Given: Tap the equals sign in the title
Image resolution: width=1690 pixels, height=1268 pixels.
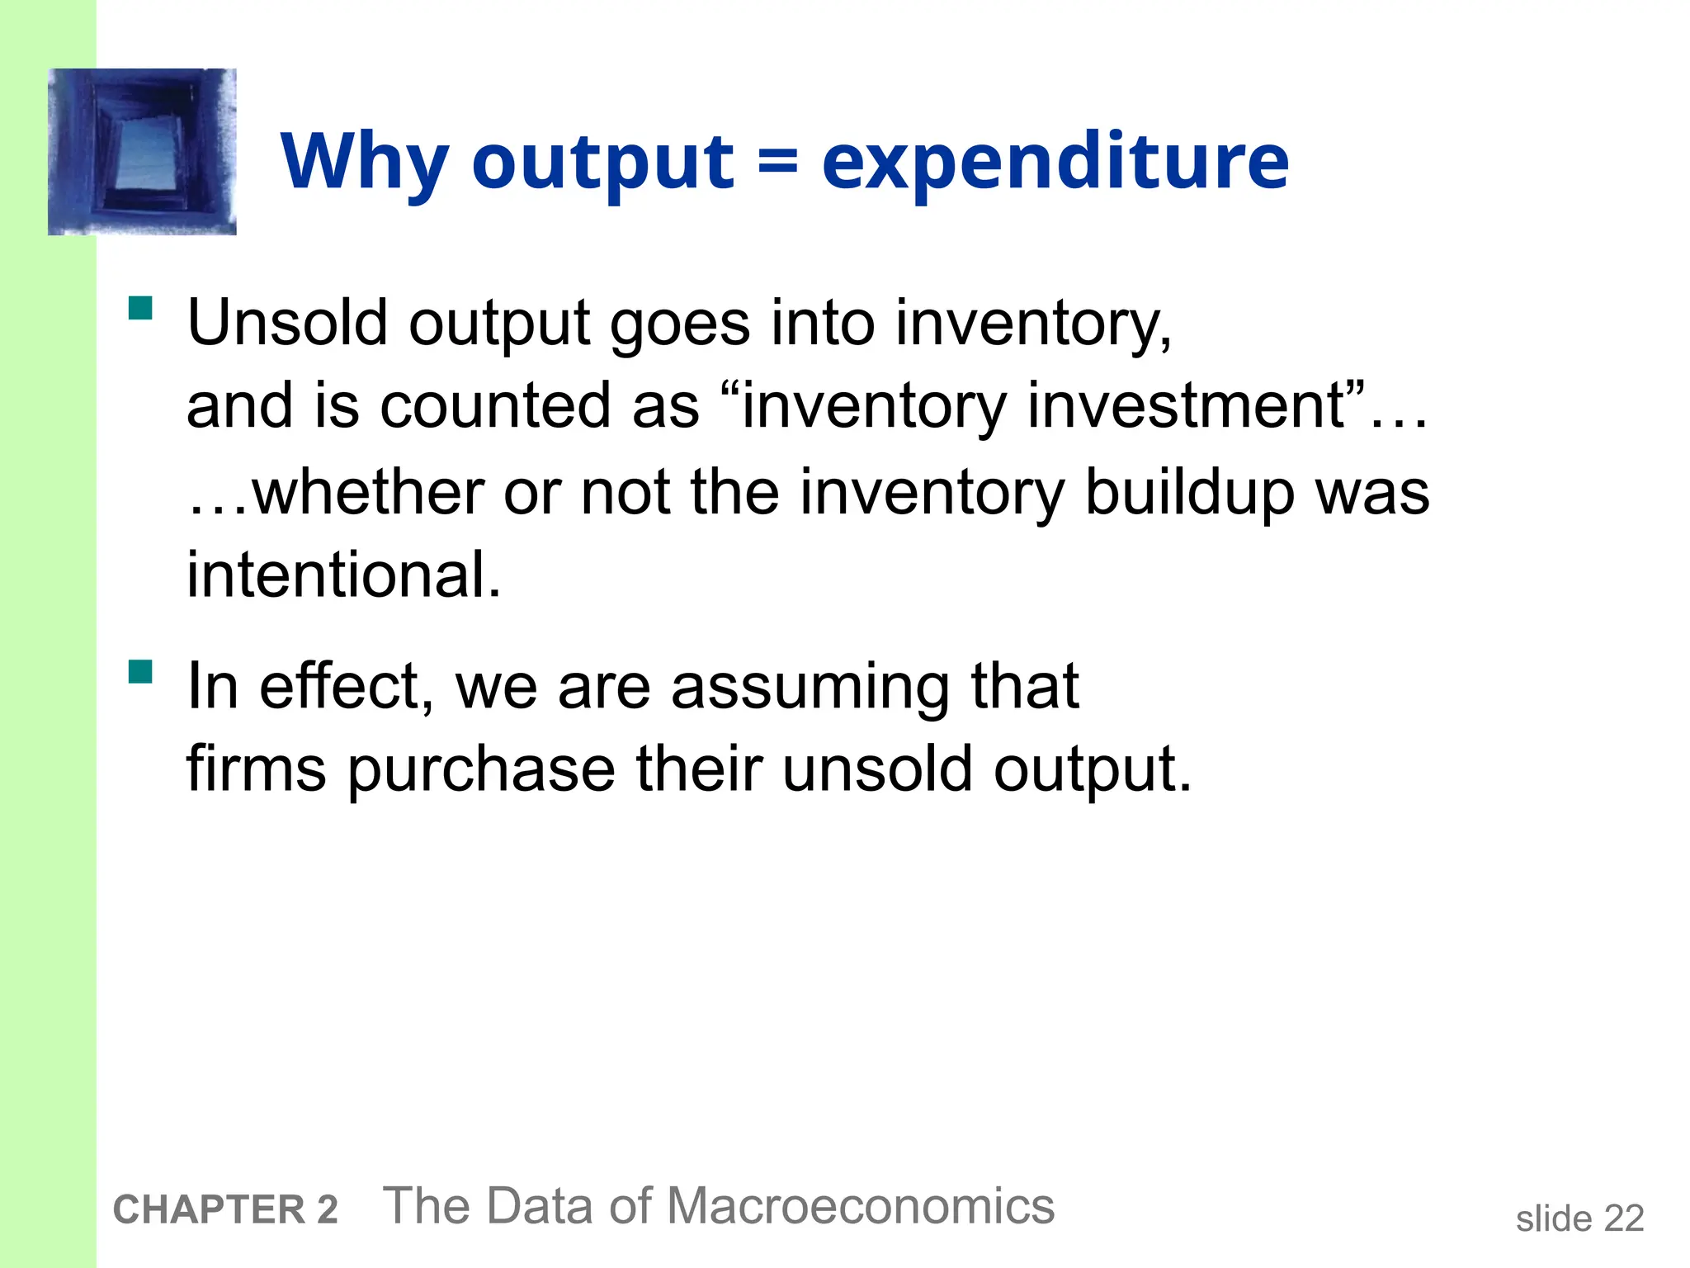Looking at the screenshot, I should click(x=777, y=160).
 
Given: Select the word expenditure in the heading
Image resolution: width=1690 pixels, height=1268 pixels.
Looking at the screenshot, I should click(x=1055, y=162).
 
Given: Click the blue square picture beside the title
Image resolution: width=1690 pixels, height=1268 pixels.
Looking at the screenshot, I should click(x=142, y=152).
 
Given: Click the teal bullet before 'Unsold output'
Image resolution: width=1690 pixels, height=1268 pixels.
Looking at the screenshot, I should click(x=141, y=309).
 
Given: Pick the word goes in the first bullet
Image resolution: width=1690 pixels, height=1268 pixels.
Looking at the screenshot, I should click(x=680, y=324).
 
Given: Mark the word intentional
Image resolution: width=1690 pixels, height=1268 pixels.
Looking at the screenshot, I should click(x=344, y=575).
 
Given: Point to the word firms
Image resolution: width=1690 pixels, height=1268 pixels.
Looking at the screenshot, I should click(x=257, y=769).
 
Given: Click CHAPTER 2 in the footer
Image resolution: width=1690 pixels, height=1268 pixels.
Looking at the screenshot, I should click(x=225, y=1209).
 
